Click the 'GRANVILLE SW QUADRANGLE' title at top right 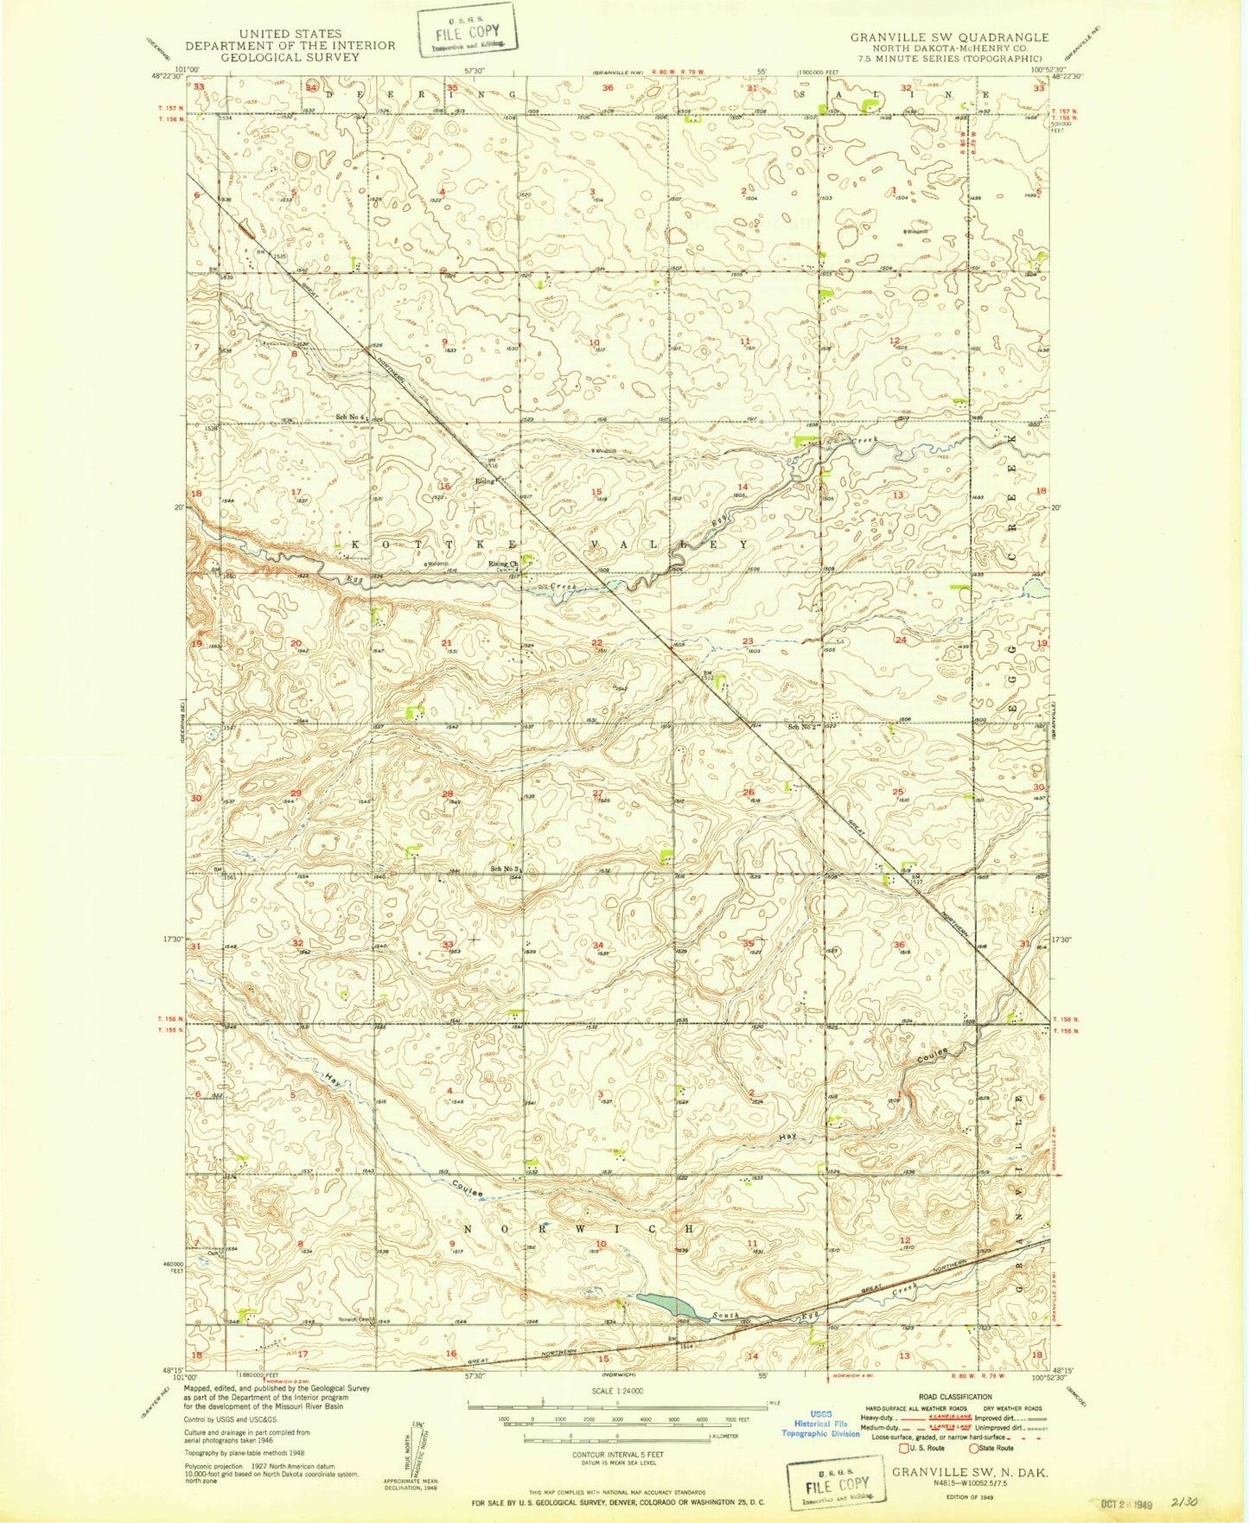[x=949, y=37]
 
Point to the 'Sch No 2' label [x=803, y=727]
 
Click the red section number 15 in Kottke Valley [x=596, y=493]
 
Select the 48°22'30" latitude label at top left [x=164, y=76]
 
